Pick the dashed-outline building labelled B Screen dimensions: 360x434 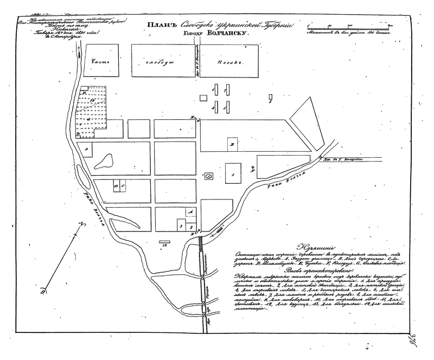click(x=232, y=145)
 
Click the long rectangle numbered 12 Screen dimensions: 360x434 click(x=164, y=240)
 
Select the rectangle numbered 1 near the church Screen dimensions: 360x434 click(x=233, y=175)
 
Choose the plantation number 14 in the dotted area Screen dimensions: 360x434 click(x=93, y=100)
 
